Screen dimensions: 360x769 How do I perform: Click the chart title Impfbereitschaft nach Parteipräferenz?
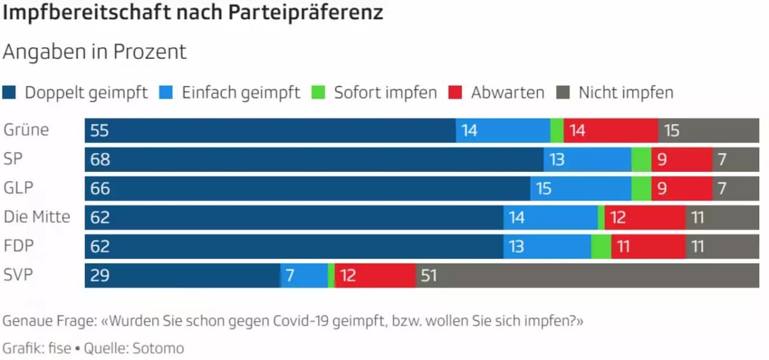pos(193,13)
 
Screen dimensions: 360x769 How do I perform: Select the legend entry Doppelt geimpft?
pos(86,93)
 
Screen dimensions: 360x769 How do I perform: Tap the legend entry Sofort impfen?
pos(385,93)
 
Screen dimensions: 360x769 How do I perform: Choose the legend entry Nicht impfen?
pos(625,93)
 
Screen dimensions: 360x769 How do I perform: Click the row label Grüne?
pos(26,130)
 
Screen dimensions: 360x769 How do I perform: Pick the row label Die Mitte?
pos(37,217)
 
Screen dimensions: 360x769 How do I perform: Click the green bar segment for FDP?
pos(601,246)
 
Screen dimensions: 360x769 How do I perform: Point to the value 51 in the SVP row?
pos(428,276)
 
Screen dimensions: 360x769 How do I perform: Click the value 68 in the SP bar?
pos(100,160)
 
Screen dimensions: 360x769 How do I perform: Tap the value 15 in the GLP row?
pos(544,189)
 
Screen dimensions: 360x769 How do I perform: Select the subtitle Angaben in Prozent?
pos(95,52)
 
